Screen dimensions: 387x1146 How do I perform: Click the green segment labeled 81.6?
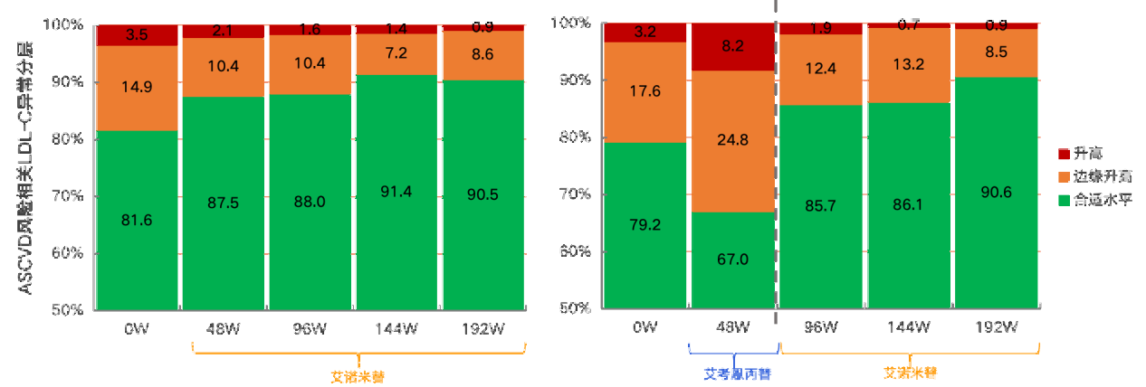coord(137,220)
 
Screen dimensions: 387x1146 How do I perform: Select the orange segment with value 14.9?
coord(137,88)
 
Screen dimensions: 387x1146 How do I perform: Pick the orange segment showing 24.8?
coord(732,141)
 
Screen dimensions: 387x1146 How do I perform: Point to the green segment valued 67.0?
coord(732,260)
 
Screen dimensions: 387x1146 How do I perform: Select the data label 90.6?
coord(995,192)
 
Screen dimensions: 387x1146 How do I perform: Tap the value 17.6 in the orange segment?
coord(645,91)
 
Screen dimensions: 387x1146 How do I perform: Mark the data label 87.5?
coord(223,203)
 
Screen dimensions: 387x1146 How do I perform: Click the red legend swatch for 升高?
coord(1065,155)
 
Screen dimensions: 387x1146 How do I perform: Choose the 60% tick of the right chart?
coord(576,251)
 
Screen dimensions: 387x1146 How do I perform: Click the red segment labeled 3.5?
coord(137,35)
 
